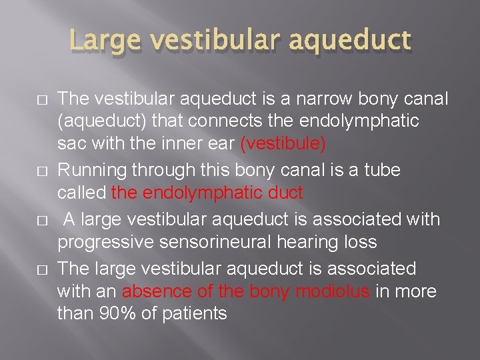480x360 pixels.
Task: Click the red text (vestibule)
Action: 283,143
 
